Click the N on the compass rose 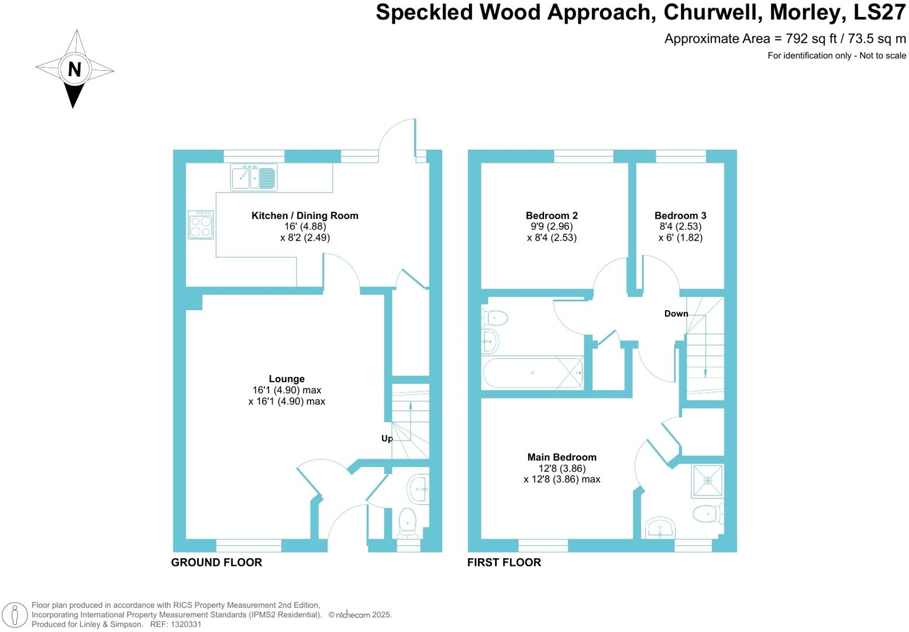74,70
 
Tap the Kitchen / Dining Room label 305,215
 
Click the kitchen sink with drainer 254,177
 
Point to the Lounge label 287,379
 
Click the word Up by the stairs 387,438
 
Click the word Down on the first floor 676,314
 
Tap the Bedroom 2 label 552,215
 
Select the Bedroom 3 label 680,215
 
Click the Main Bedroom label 562,457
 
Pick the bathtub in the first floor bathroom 532,373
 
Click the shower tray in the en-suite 708,480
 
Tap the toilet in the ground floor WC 407,522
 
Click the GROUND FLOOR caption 216,562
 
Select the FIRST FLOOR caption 504,562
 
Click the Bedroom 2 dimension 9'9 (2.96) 552,226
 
